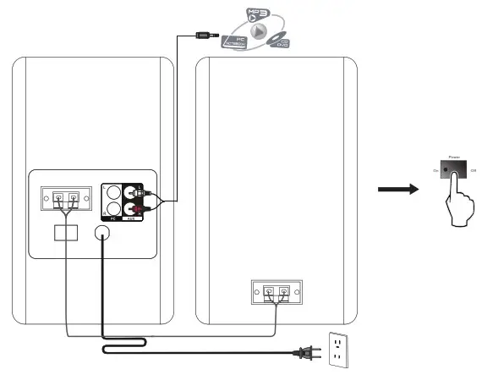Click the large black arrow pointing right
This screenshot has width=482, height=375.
point(397,189)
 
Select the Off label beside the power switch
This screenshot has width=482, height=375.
point(474,171)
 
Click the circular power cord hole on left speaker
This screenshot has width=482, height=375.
point(103,233)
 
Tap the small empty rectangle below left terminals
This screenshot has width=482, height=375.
point(65,232)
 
